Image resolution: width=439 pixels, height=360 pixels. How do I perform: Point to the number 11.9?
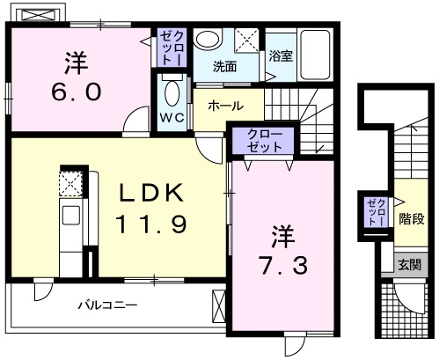150,225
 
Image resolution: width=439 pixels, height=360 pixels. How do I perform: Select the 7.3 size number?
282,265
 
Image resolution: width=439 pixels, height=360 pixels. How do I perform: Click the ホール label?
226,106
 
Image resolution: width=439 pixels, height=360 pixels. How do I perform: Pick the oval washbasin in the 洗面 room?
209,40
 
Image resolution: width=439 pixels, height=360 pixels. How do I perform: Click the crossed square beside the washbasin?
249,40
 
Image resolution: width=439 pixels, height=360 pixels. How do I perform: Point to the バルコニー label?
107,305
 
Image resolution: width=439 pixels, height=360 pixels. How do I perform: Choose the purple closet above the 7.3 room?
266,142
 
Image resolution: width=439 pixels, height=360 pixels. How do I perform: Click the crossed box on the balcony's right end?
218,307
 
